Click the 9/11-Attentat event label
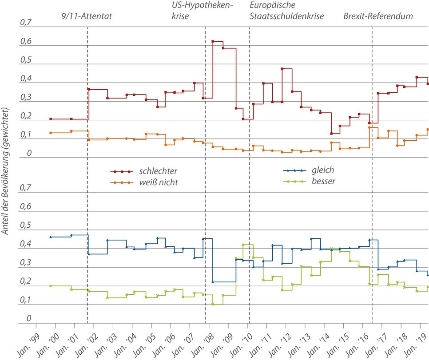87,16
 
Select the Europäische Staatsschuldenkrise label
286,12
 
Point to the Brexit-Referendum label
378,16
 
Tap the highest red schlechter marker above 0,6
213,41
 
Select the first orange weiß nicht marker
51,133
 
